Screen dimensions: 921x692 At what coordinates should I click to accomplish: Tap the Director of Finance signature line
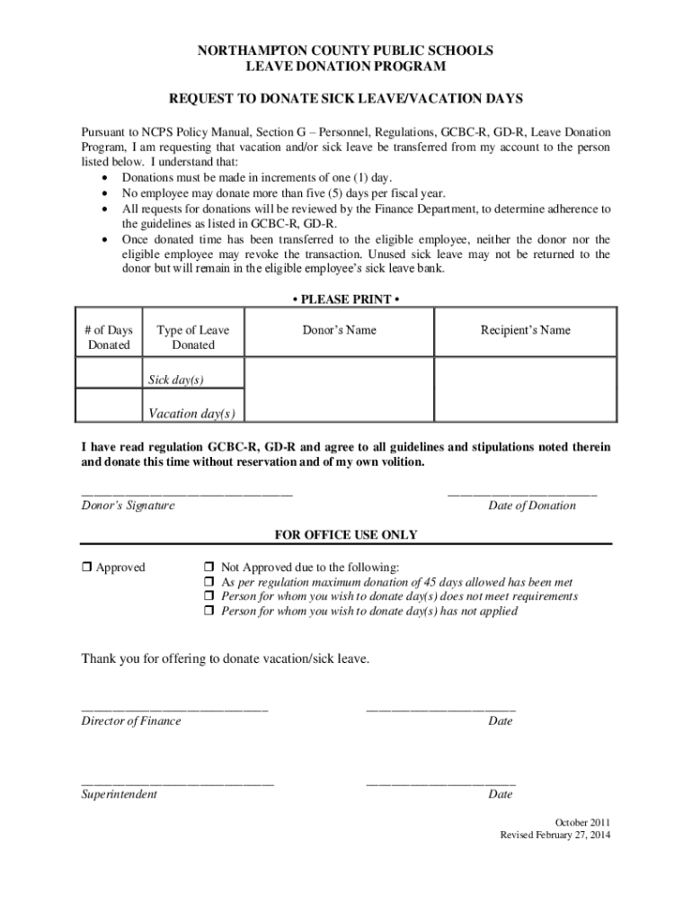click(x=174, y=710)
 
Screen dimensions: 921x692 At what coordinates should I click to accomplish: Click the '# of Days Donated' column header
click(x=109, y=337)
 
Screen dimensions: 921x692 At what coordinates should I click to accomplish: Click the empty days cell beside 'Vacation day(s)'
click(x=109, y=405)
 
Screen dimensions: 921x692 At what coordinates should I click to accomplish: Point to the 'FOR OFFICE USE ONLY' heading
click(x=345, y=535)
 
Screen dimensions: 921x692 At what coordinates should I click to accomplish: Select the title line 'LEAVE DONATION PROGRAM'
click(x=345, y=67)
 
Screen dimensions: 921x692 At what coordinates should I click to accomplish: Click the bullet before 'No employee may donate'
click(x=108, y=193)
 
